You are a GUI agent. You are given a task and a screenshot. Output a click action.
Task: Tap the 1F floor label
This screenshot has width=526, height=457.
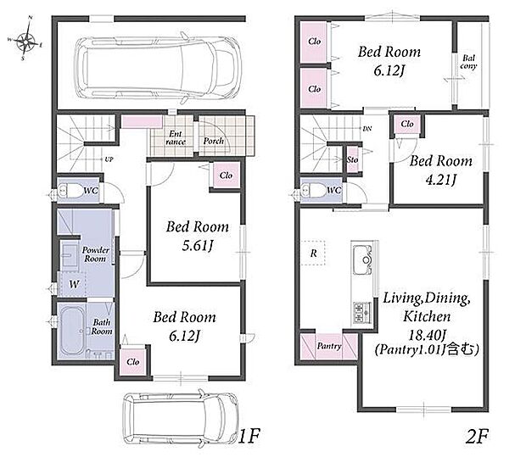coord(249,436)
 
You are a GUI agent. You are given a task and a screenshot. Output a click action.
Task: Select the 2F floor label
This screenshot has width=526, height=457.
coord(477,436)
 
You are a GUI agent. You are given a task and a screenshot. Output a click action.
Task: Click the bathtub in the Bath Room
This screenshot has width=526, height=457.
coord(72,331)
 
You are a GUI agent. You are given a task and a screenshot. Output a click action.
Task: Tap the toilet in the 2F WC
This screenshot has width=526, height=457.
coord(314,191)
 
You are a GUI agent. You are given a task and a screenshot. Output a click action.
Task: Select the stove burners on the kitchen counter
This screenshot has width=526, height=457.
coord(362,313)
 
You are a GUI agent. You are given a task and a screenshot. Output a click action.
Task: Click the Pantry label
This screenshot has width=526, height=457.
coord(329,346)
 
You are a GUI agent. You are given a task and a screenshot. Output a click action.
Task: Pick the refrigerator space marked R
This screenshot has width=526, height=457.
coord(313,254)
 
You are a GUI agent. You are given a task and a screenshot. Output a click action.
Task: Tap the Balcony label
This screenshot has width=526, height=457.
coord(468,62)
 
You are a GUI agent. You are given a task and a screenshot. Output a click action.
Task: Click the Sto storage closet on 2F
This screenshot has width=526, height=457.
coord(352,160)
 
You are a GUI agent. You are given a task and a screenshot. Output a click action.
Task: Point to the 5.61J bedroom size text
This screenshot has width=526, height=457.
coord(198,247)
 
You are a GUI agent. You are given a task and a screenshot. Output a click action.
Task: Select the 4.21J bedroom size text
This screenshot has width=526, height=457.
coord(440,181)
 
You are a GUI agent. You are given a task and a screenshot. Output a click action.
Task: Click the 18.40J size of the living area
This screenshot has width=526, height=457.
coord(427,335)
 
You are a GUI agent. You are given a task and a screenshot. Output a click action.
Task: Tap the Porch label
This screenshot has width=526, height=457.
coord(214,141)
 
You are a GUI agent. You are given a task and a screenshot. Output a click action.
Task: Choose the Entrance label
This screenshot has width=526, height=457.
coord(176,138)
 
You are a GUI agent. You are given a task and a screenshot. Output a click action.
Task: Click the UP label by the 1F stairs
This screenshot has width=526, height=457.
coord(109,159)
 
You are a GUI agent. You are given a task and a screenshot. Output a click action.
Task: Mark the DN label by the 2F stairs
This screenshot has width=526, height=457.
coord(367,129)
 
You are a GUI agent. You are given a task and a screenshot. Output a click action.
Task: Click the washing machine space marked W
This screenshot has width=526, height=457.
coord(74,284)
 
